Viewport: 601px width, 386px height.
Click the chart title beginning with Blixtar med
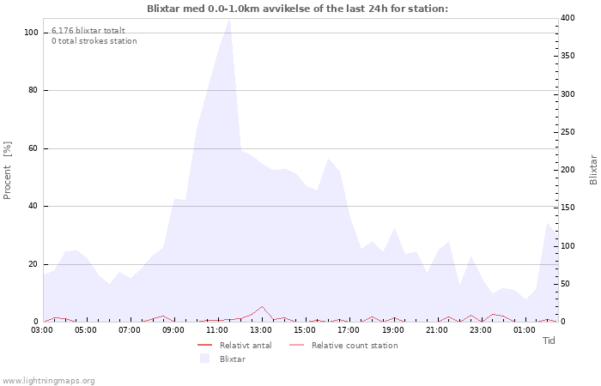pos(297,9)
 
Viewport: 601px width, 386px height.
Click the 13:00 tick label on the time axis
pos(261,330)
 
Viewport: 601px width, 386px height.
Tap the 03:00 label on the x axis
pos(42,330)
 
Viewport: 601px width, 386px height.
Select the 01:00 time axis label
pos(525,330)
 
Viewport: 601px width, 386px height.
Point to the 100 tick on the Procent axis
pos(31,33)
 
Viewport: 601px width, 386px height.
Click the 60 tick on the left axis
pos(33,148)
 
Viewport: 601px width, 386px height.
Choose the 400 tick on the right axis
pos(568,18)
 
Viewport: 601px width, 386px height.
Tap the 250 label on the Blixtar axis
pos(568,132)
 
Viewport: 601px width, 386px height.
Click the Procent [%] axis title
pos(7,171)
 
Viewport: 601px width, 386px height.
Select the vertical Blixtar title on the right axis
pos(593,170)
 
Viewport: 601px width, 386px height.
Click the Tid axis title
pos(549,341)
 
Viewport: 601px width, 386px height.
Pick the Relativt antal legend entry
pos(234,346)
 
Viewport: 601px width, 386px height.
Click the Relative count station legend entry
pos(343,346)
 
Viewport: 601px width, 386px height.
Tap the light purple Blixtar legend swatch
pos(204,359)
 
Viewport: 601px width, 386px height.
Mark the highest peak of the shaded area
pos(229,19)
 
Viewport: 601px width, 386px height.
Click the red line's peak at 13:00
pos(262,307)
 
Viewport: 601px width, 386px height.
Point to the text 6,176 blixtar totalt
pos(88,31)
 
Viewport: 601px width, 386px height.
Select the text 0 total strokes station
pos(94,41)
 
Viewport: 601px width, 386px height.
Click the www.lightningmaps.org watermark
pos(48,381)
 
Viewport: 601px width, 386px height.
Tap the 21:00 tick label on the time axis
pos(436,330)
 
